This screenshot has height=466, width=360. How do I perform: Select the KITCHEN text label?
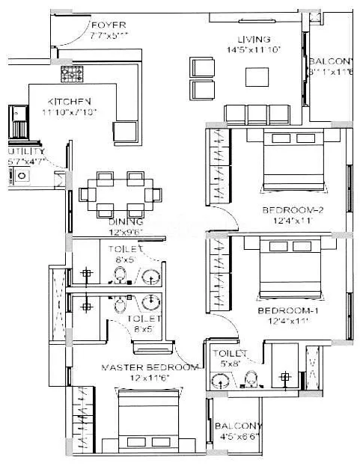(70, 101)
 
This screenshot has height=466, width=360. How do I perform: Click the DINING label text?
(120, 223)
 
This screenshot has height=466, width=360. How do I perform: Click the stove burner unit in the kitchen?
(72, 73)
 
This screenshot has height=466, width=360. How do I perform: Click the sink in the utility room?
(22, 176)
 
